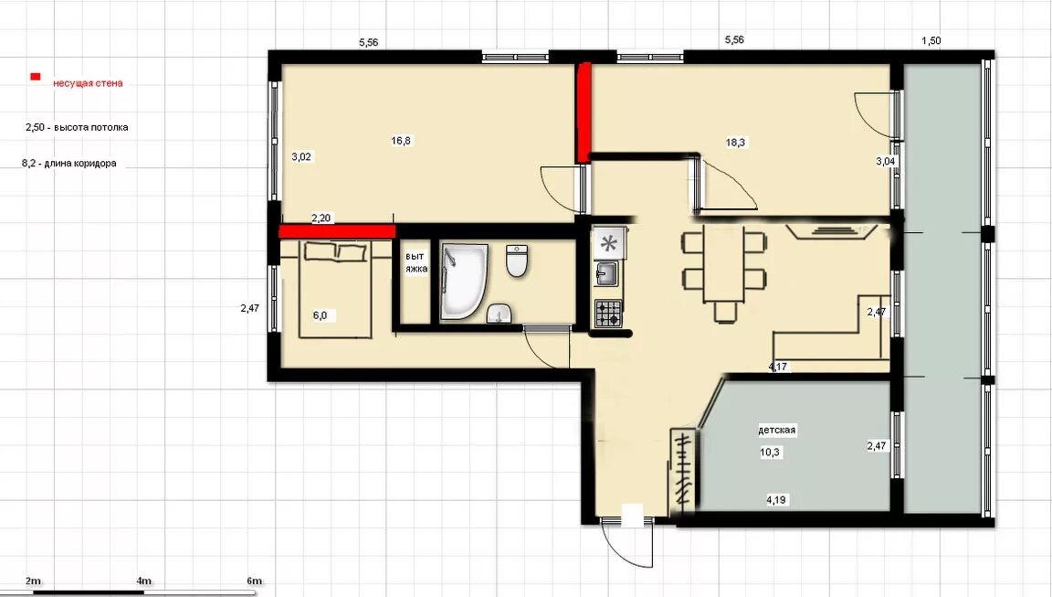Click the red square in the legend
35,77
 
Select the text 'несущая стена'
88,83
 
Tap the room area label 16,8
401,141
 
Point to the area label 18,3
735,143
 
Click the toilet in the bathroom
517,261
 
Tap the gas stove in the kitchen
608,314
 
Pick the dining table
723,264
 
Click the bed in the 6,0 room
335,289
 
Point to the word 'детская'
777,430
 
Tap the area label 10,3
770,453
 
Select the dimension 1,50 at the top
931,40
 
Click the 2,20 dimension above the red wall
321,218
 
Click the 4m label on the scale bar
143,581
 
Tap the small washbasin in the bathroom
499,313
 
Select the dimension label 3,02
301,157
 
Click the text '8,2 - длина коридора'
69,163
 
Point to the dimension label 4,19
776,499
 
